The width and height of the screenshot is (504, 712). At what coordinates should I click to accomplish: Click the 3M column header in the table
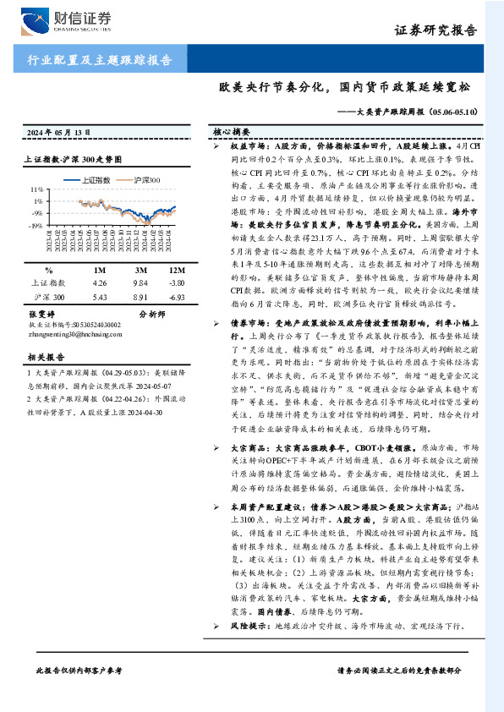tap(141, 269)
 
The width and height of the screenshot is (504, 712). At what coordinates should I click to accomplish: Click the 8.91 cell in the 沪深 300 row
tap(141, 298)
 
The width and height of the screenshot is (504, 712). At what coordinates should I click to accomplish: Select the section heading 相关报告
tap(41, 358)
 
